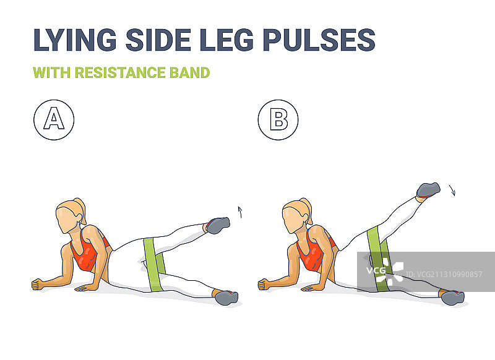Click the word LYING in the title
(75, 40)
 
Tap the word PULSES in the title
(319, 40)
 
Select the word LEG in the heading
(226, 40)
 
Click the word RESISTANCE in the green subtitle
(120, 72)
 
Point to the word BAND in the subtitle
(190, 72)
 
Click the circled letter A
(54, 119)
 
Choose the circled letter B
(278, 119)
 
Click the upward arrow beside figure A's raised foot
(240, 212)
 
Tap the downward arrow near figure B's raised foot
(452, 191)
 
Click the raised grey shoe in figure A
(218, 225)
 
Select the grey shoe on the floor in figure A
(226, 298)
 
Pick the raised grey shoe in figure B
(428, 190)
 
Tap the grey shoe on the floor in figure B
(453, 298)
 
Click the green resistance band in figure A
(153, 264)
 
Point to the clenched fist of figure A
(37, 285)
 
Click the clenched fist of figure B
(264, 285)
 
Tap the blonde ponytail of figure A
(80, 210)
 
